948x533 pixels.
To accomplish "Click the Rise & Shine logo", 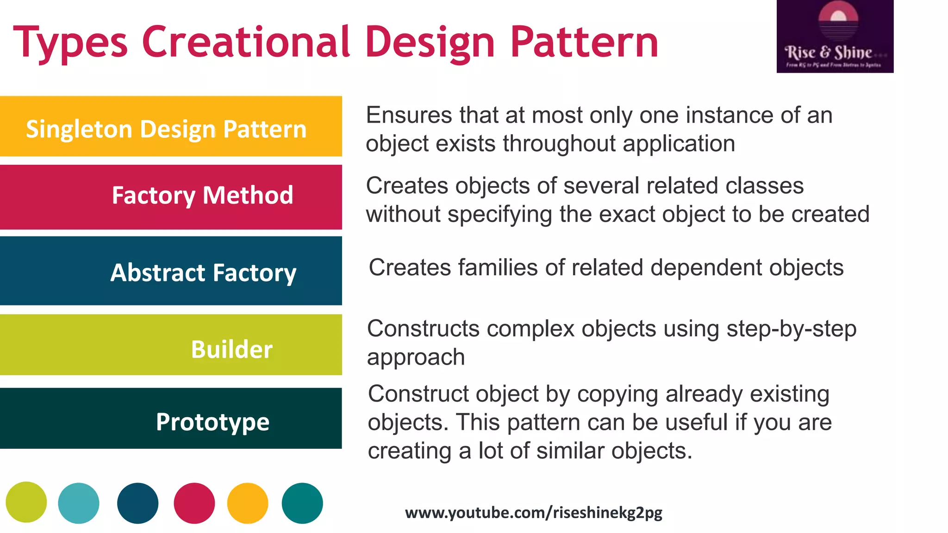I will (x=835, y=37).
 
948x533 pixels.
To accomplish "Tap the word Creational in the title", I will (x=246, y=43).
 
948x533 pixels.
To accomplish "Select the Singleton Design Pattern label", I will (x=166, y=129).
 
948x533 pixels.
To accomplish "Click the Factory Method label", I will (x=202, y=195).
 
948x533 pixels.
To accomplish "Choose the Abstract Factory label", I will (x=203, y=273).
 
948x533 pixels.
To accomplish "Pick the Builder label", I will (x=231, y=349).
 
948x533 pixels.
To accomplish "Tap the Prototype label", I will (x=212, y=422).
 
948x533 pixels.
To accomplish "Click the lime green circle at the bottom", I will (x=26, y=502).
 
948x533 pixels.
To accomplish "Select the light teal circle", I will (x=79, y=503).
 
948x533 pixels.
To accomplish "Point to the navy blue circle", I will (x=137, y=503).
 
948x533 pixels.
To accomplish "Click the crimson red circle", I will (x=194, y=503).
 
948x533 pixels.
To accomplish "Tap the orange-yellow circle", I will (x=248, y=503).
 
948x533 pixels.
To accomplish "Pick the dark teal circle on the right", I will (x=302, y=503).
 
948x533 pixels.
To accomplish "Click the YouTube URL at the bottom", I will (x=533, y=513).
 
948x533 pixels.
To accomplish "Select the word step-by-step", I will (x=791, y=329).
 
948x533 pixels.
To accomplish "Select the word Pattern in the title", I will (x=584, y=43).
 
